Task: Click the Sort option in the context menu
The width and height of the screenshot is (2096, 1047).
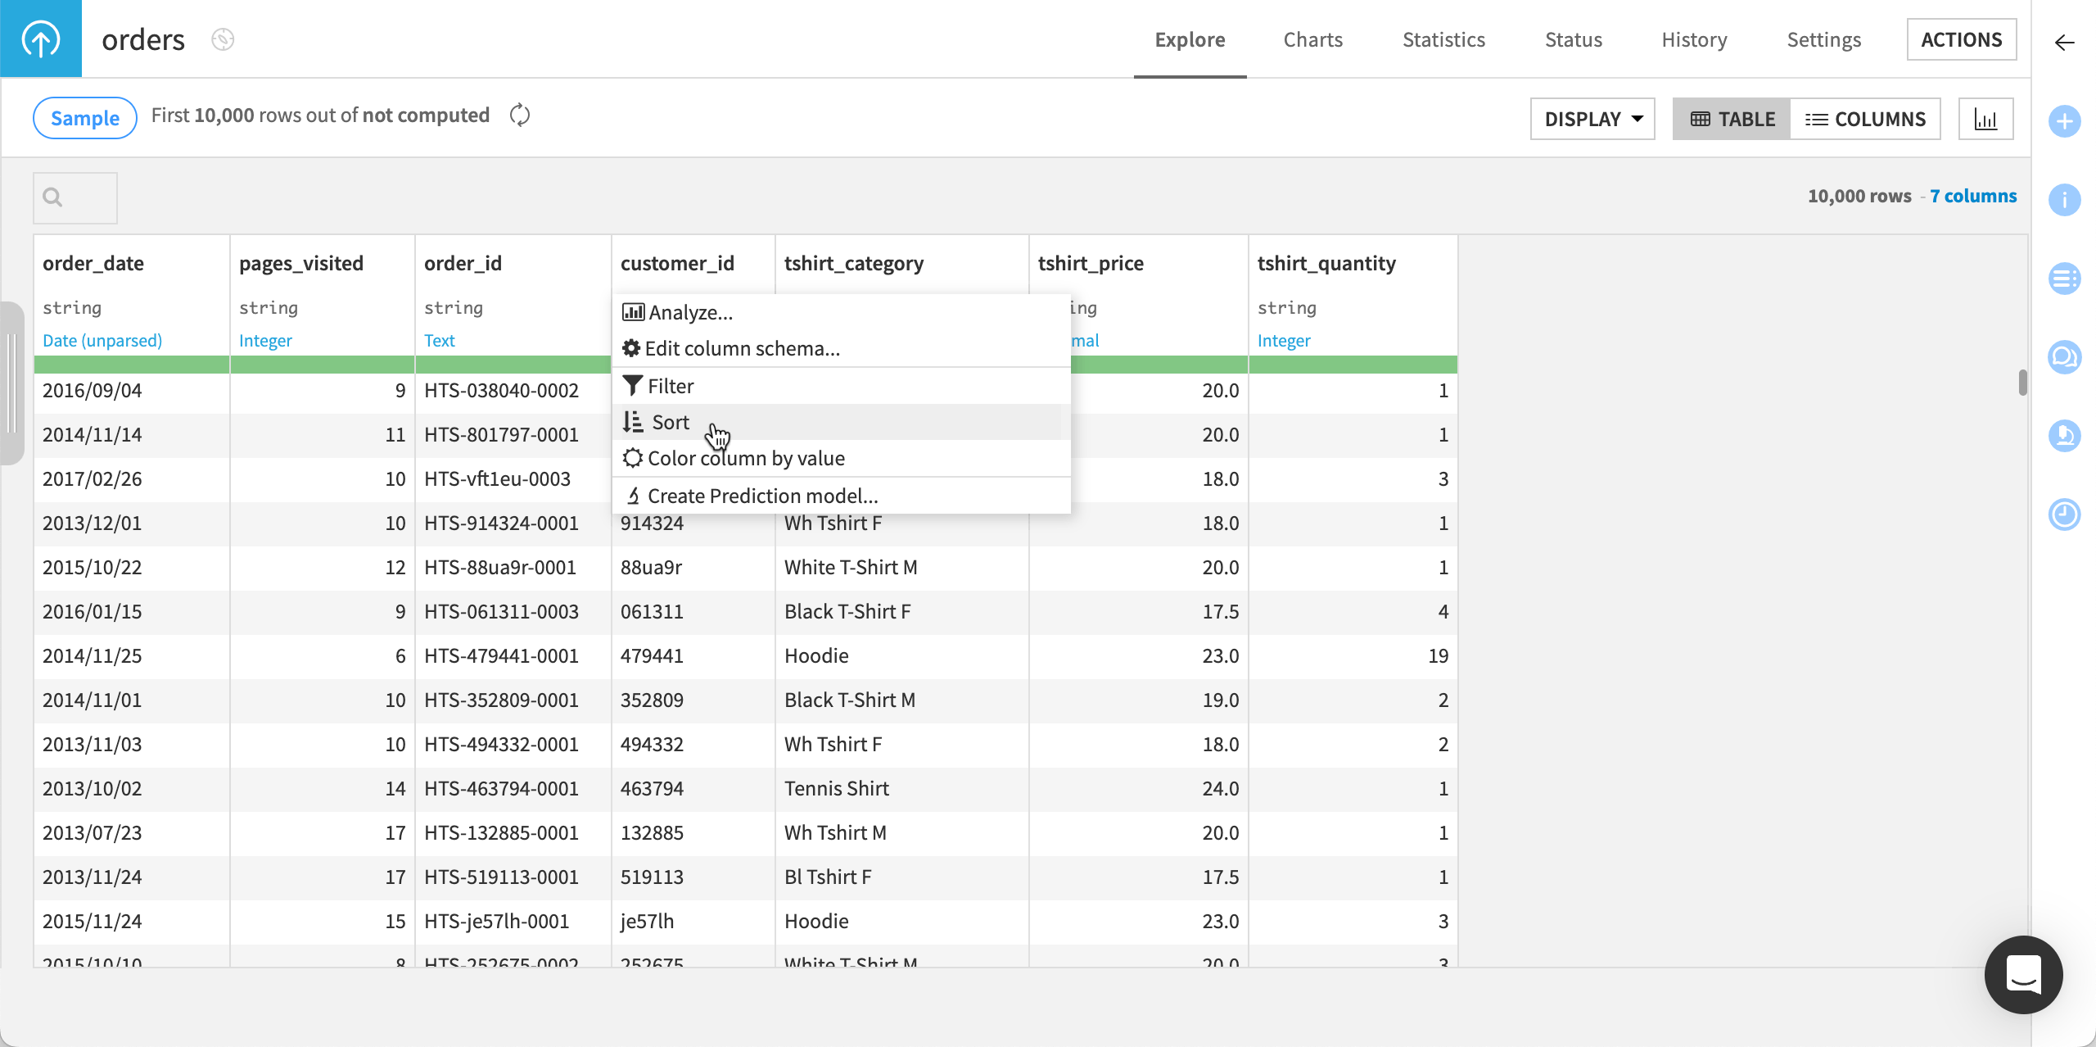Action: click(x=671, y=423)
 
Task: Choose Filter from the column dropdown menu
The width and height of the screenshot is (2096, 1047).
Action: click(x=671, y=387)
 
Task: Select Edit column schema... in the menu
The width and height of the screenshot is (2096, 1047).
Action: click(x=742, y=349)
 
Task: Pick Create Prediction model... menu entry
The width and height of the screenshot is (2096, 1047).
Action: click(x=761, y=496)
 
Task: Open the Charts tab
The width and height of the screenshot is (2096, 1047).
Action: click(x=1312, y=39)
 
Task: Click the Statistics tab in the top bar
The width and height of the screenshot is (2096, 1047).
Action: click(x=1443, y=39)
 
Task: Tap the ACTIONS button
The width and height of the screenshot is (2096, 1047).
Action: click(x=1961, y=39)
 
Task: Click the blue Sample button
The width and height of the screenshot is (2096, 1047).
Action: click(x=85, y=118)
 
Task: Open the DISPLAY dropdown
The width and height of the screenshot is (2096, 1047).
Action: click(x=1592, y=119)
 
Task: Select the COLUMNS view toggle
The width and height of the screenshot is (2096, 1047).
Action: click(x=1865, y=119)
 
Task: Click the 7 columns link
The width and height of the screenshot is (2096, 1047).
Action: click(x=1973, y=196)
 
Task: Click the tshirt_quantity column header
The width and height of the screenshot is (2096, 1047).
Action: click(x=1326, y=264)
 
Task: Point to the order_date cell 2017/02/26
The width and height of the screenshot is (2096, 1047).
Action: click(x=93, y=479)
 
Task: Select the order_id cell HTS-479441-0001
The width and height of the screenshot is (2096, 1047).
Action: click(x=501, y=656)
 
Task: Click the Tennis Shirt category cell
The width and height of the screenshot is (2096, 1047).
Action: click(x=837, y=789)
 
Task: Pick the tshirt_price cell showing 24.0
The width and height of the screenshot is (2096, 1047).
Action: click(x=1220, y=789)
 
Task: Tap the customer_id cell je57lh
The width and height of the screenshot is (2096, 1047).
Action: click(x=647, y=922)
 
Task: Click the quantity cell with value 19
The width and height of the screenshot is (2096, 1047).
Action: click(x=1438, y=656)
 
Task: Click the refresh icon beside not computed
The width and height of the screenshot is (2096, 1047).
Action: click(x=520, y=116)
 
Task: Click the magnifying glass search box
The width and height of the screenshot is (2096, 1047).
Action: click(x=75, y=197)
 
